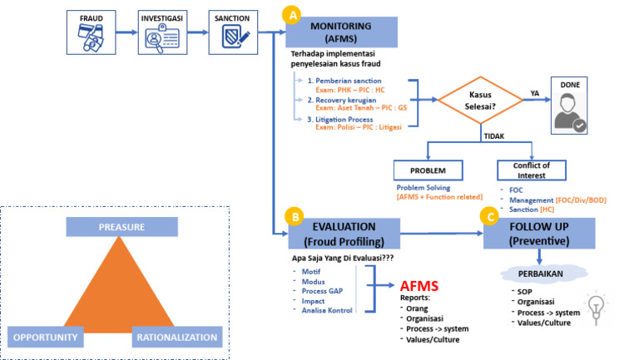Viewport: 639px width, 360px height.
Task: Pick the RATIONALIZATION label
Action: [177, 338]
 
